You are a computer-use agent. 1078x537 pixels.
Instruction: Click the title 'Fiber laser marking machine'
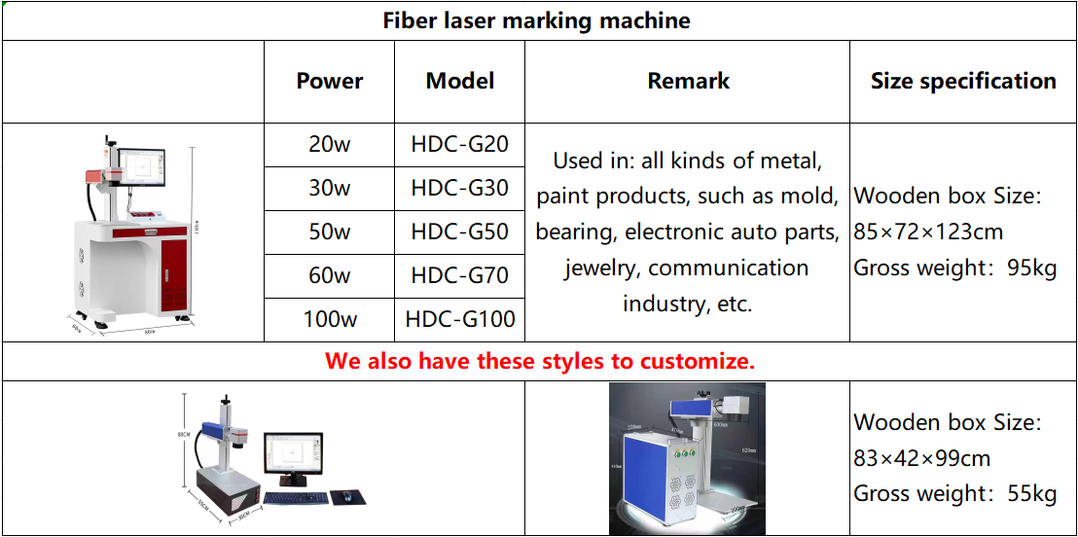pyautogui.click(x=536, y=20)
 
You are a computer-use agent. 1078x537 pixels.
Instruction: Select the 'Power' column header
pyautogui.click(x=330, y=81)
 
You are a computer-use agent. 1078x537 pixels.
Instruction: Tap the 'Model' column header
pyautogui.click(x=460, y=81)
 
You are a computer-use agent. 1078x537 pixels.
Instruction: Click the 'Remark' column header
pyautogui.click(x=688, y=81)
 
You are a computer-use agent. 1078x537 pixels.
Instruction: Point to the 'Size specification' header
pyautogui.click(x=963, y=81)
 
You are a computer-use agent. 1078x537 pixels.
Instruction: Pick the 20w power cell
pyautogui.click(x=330, y=144)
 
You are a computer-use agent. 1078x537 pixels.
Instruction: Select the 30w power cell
pyautogui.click(x=330, y=188)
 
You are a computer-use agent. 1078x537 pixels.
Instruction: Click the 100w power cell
pyautogui.click(x=330, y=319)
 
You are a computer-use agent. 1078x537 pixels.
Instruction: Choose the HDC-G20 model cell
pyautogui.click(x=460, y=144)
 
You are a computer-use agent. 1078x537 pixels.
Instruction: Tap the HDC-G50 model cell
pyautogui.click(x=460, y=232)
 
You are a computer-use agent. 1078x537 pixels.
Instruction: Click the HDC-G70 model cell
pyautogui.click(x=460, y=275)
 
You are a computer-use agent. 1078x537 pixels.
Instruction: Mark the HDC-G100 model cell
pyautogui.click(x=460, y=319)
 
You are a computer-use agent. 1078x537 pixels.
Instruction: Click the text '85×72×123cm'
pyautogui.click(x=928, y=232)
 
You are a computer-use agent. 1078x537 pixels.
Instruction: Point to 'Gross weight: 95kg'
pyautogui.click(x=954, y=268)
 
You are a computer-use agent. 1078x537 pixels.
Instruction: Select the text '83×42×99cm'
pyautogui.click(x=921, y=457)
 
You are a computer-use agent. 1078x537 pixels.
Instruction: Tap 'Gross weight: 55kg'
pyautogui.click(x=954, y=493)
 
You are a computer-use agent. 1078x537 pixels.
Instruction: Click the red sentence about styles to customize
pyautogui.click(x=540, y=361)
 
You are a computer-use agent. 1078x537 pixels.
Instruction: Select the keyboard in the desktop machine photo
pyautogui.click(x=297, y=498)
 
